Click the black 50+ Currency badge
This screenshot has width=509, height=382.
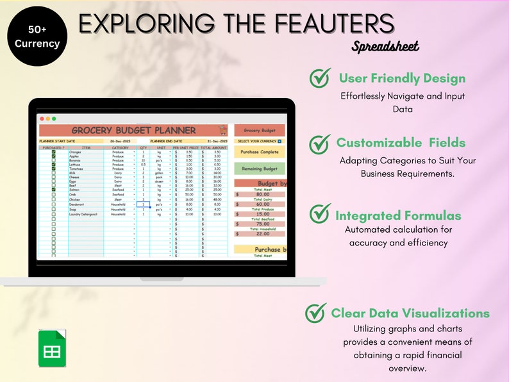pyautogui.click(x=38, y=37)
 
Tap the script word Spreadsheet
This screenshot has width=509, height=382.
pyautogui.click(x=385, y=46)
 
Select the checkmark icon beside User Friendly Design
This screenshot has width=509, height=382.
pyautogui.click(x=320, y=78)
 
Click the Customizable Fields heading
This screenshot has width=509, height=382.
pyautogui.click(x=401, y=143)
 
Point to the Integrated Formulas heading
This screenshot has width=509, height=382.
pyautogui.click(x=398, y=215)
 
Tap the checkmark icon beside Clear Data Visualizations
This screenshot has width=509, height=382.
pyautogui.click(x=315, y=313)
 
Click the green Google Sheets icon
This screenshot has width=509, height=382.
pyautogui.click(x=52, y=348)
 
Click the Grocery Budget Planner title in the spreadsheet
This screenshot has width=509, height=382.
pyautogui.click(x=133, y=130)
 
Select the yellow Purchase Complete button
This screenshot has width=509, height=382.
pyautogui.click(x=260, y=153)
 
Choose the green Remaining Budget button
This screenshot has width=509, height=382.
pyautogui.click(x=260, y=169)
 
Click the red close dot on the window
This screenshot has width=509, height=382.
pyautogui.click(x=42, y=119)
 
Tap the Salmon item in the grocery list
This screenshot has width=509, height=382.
pyautogui.click(x=76, y=190)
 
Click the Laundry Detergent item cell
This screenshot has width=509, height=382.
pyautogui.click(x=84, y=214)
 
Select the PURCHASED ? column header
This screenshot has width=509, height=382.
pyautogui.click(x=53, y=147)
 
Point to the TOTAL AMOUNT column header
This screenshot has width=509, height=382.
pyautogui.click(x=213, y=147)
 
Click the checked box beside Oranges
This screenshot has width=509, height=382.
pyautogui.click(x=53, y=152)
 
